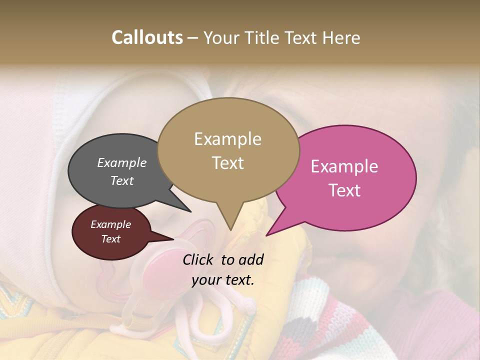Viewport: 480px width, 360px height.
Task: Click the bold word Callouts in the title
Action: pos(147,37)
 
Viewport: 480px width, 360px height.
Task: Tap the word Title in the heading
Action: pos(262,37)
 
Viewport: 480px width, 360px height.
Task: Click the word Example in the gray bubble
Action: pos(122,162)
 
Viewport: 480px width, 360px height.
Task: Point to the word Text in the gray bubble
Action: pos(122,180)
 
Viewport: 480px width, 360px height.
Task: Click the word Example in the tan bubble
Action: pos(227,139)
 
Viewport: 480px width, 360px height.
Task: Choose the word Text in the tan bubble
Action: pos(228,163)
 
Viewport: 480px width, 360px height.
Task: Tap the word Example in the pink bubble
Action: pos(344,166)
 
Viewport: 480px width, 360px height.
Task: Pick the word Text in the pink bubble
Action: pos(345,190)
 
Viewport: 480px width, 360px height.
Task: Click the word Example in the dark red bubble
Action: pos(111,224)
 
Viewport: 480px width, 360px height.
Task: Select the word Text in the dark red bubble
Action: pos(111,239)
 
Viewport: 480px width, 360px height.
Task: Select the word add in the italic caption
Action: pos(251,259)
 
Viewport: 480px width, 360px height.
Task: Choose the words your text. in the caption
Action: pos(223,280)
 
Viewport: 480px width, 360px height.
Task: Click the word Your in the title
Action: pos(222,37)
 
